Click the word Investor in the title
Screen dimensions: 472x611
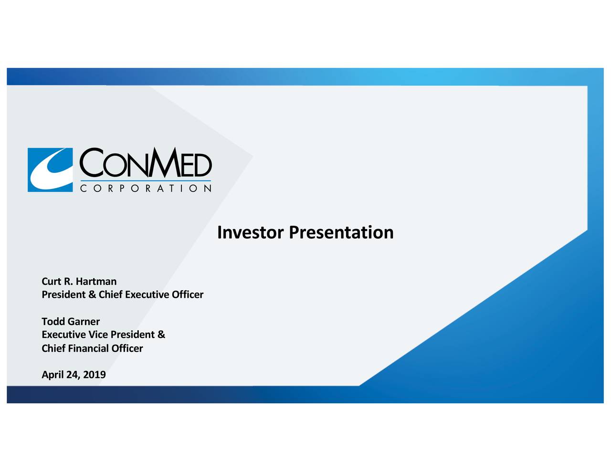point(251,232)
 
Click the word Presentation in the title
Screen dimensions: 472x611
point(341,232)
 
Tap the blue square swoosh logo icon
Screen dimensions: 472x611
point(50,170)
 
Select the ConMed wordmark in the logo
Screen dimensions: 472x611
point(145,163)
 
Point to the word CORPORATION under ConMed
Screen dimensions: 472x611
point(145,189)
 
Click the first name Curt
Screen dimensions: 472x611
point(51,281)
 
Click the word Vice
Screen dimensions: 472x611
point(98,335)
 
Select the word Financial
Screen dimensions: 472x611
point(88,348)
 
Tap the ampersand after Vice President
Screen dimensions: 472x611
point(161,335)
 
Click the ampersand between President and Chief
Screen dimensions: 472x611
point(92,294)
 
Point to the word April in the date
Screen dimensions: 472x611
point(53,375)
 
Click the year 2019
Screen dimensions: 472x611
point(95,375)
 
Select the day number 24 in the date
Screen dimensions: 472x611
point(73,375)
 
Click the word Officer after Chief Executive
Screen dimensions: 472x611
point(188,294)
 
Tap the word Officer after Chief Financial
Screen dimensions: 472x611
point(127,348)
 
